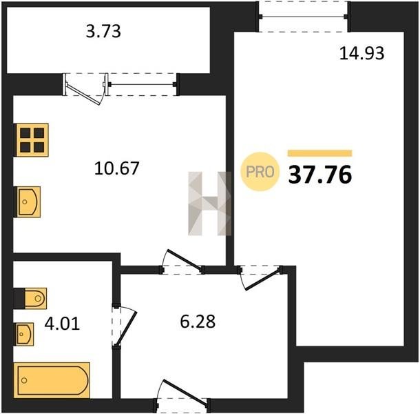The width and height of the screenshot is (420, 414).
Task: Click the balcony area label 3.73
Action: coord(103,31)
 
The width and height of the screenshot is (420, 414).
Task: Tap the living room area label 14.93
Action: coord(361,53)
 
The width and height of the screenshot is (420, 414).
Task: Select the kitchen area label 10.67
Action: coord(116,168)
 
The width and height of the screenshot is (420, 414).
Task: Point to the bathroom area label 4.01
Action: coord(62,323)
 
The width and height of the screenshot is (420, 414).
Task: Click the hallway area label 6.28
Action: coord(198,322)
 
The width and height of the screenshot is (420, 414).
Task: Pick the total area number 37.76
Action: coord(320,175)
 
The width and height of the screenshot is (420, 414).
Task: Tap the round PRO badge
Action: coord(260,171)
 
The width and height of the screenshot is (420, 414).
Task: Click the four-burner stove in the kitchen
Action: coord(32,140)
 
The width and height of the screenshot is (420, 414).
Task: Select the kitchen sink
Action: coord(29,202)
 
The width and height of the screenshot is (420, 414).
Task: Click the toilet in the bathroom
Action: coord(36,298)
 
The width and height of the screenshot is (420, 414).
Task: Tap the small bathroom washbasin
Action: coord(25,334)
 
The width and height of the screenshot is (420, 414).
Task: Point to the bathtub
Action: coord(52,380)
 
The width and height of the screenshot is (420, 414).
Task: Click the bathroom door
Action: coord(126,327)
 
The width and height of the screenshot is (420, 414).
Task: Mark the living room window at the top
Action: coord(303,17)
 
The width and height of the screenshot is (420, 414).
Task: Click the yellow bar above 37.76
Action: coord(320,153)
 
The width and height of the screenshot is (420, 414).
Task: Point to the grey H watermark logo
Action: coord(210,204)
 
